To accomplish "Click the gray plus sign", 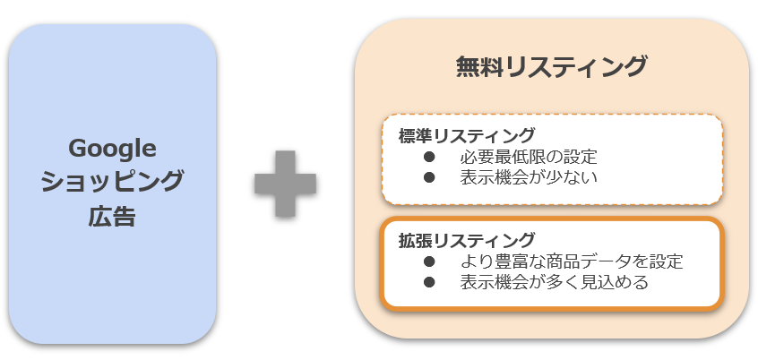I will coord(285,182).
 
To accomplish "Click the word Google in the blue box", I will coord(112,148).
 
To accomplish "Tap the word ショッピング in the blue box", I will coord(112,182).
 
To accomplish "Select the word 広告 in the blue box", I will coord(112,216).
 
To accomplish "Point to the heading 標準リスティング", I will coord(467,137).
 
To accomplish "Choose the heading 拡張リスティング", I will coord(467,241).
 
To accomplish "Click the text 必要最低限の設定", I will coord(529,158).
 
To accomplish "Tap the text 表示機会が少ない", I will coord(529,177).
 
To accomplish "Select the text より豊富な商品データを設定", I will coord(572,261).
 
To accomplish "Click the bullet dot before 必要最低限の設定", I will coord(429,158).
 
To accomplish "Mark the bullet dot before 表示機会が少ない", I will coord(429,177).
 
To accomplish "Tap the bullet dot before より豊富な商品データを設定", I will coord(429,261).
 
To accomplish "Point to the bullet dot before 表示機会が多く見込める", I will coord(429,282).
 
